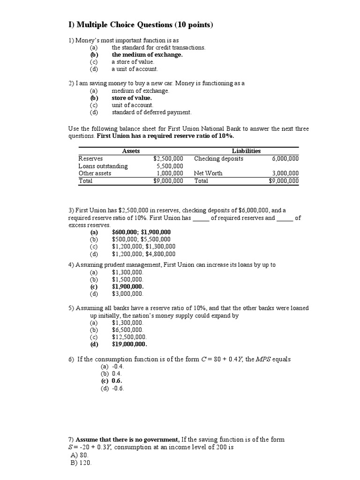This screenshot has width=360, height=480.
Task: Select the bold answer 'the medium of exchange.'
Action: click(x=147, y=54)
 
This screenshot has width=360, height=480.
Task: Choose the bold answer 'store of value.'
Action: click(x=131, y=98)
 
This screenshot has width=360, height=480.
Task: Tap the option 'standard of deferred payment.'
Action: click(x=151, y=112)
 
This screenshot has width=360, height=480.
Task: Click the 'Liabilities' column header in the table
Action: click(x=246, y=151)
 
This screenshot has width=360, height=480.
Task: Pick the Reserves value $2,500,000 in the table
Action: click(x=168, y=159)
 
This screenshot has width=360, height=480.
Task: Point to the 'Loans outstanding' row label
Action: click(x=103, y=166)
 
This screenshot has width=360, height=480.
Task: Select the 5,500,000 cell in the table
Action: click(x=170, y=166)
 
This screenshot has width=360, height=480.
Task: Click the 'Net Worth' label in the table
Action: click(x=208, y=173)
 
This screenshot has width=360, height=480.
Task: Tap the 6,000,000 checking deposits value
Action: click(x=285, y=159)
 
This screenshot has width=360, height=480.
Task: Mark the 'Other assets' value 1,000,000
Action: click(x=170, y=173)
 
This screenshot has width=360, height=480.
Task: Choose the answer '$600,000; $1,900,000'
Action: click(x=141, y=232)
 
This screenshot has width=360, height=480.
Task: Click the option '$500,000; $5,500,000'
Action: click(x=141, y=239)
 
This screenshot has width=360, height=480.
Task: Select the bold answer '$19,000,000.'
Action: click(x=129, y=344)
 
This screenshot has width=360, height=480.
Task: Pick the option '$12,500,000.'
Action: click(x=129, y=337)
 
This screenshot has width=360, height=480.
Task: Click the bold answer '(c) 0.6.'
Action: click(x=112, y=381)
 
